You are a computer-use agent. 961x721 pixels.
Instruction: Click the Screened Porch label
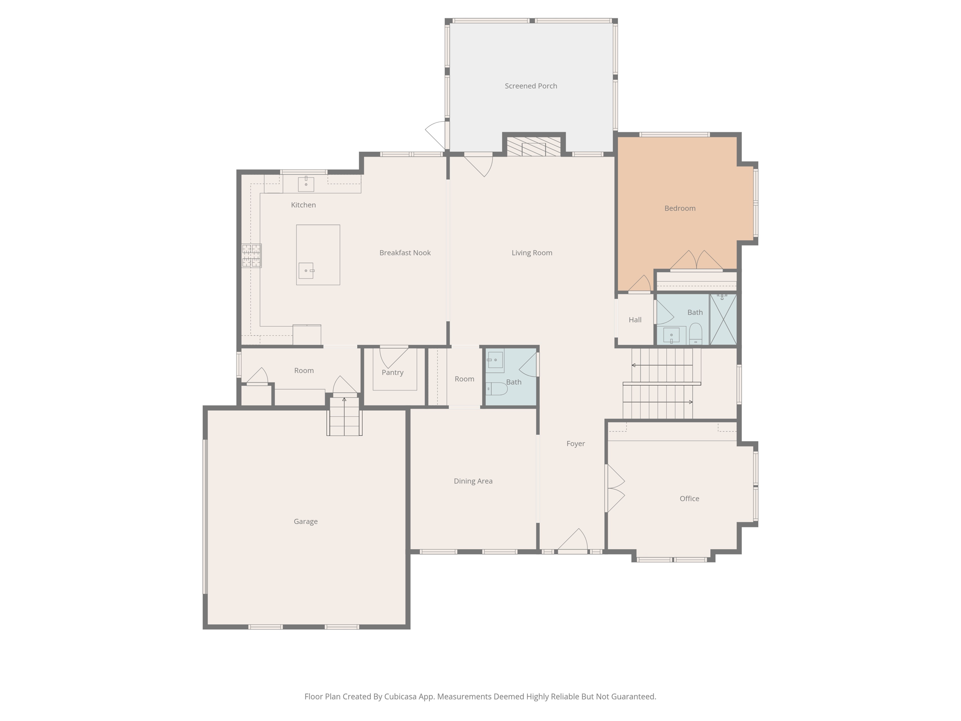(531, 86)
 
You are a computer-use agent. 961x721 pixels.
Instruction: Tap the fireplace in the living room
(534, 146)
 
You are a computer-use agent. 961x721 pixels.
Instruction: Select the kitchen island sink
(306, 270)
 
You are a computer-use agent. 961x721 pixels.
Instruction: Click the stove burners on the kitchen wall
(252, 255)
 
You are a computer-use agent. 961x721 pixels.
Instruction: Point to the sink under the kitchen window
(306, 184)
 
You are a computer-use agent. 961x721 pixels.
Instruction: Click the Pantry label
(392, 373)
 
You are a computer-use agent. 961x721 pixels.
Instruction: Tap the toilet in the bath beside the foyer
(497, 389)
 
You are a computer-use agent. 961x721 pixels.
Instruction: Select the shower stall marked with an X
(723, 319)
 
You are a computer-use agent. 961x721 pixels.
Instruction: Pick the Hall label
(635, 320)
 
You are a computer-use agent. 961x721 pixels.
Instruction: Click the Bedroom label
(679, 208)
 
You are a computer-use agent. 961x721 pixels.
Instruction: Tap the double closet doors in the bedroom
(696, 261)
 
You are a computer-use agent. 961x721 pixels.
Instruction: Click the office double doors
(615, 488)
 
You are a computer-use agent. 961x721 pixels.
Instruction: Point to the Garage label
(305, 522)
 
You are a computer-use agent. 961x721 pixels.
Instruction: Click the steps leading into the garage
(344, 417)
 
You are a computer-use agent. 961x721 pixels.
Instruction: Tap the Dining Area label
(473, 481)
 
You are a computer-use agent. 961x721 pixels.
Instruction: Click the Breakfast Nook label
(405, 253)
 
